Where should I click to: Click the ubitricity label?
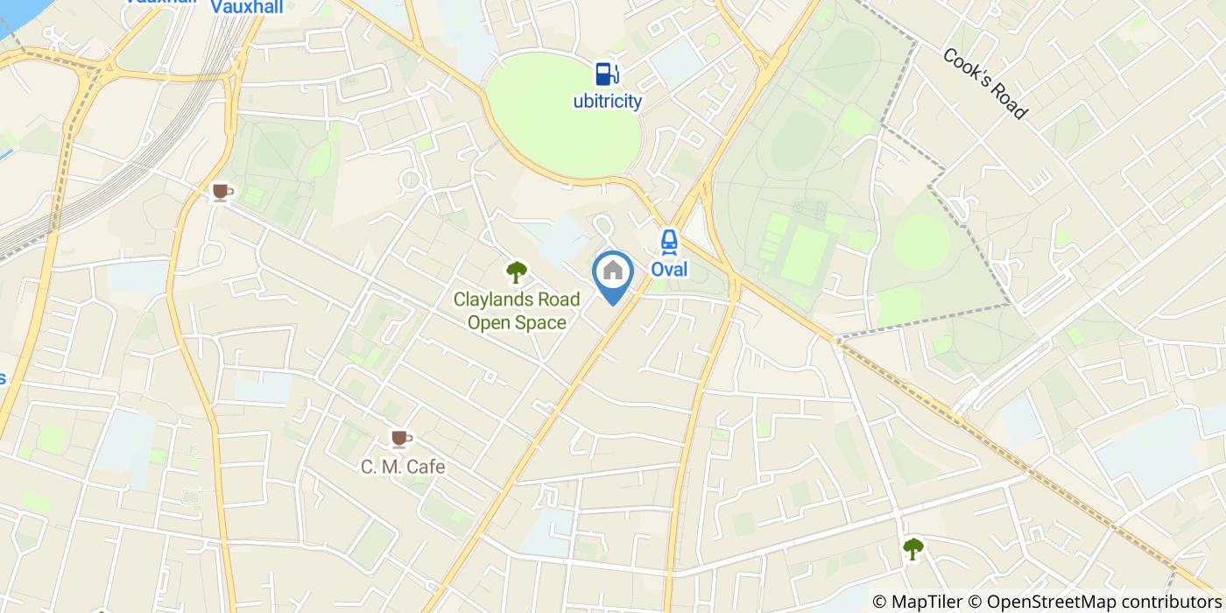coord(607,102)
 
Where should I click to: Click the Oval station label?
coord(669,270)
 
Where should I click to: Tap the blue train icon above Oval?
coord(669,241)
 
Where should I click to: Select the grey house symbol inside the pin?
coord(613,270)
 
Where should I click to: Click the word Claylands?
coord(486,299)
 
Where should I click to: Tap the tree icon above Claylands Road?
coord(517,272)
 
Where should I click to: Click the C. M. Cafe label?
coord(403,467)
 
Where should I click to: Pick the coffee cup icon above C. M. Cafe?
coord(401,438)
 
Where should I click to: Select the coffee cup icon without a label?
coord(222,191)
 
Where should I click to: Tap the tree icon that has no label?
coord(912,549)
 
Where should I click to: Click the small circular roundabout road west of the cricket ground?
coord(410,181)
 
